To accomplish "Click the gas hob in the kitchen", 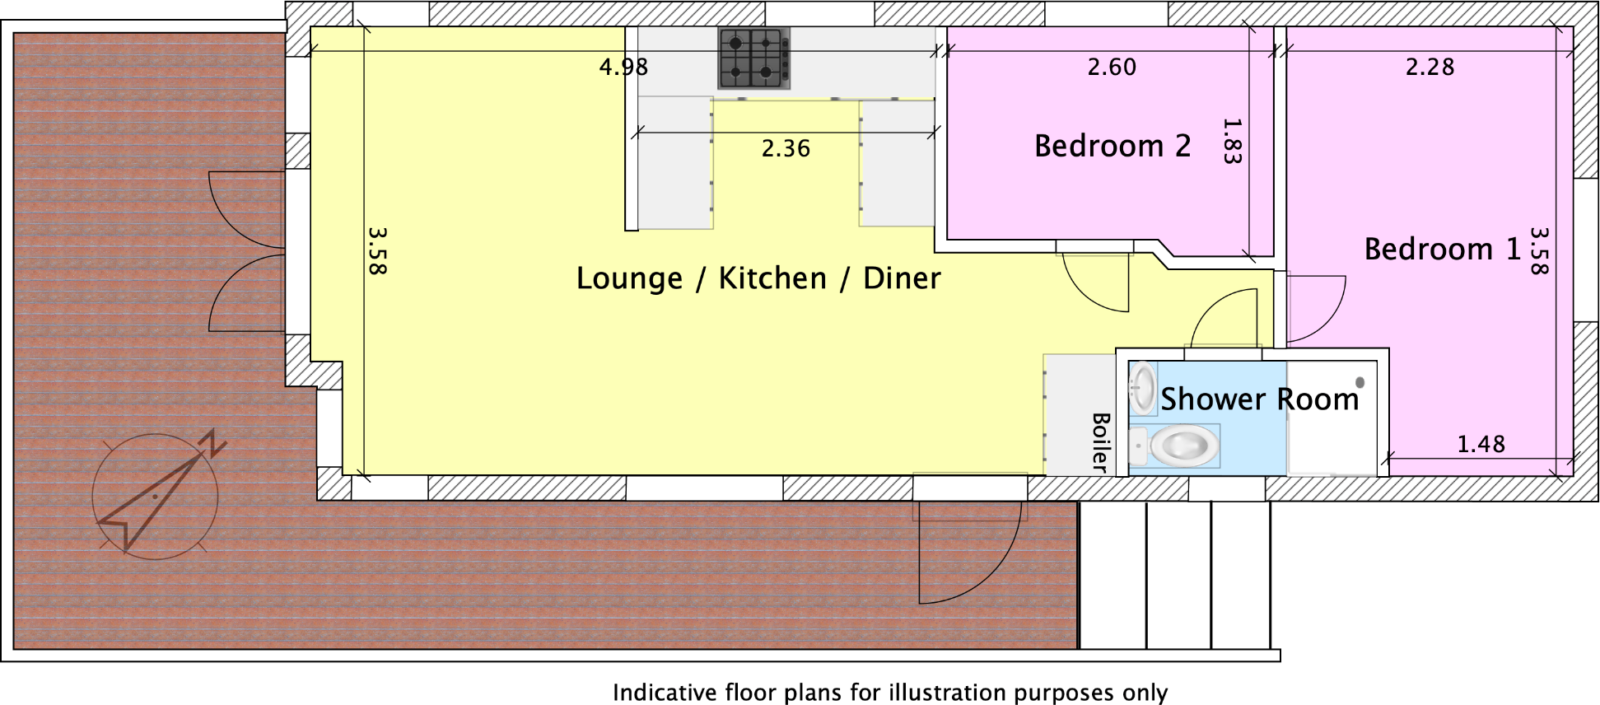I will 753,58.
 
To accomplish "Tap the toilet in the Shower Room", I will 1183,446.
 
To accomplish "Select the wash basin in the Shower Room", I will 1143,387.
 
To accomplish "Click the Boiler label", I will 1100,442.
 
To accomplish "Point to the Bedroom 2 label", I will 1113,146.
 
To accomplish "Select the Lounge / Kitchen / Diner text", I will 758,278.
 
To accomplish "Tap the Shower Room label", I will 1259,399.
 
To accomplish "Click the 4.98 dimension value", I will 623,67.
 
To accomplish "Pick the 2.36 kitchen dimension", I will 786,148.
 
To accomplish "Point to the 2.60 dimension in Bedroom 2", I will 1112,67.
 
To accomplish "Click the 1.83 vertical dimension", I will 1232,141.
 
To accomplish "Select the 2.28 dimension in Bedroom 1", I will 1430,67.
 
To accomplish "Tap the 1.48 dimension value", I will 1481,445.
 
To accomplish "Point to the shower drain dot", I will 1360,382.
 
